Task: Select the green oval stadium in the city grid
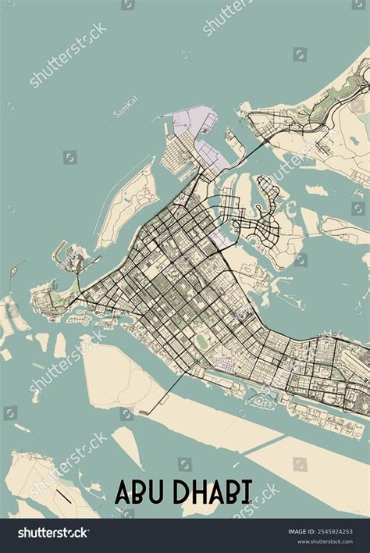point(203,341)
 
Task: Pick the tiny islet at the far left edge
point(12,273)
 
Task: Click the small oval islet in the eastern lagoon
point(316,190)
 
